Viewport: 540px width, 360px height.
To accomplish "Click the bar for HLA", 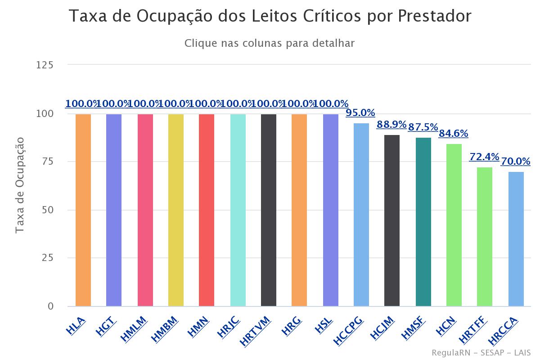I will click(x=83, y=210).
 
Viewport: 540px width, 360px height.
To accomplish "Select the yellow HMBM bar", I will click(x=176, y=210).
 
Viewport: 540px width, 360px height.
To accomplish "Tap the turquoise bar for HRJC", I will click(x=238, y=210).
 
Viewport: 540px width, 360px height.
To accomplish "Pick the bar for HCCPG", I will click(x=361, y=215).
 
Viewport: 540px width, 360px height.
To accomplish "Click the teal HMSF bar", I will click(x=423, y=222).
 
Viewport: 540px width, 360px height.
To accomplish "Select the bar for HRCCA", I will click(x=516, y=239).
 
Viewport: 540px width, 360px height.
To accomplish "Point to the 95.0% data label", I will click(x=360, y=112).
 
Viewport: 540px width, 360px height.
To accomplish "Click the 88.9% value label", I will click(x=391, y=124).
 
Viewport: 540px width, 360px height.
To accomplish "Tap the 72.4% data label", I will click(x=484, y=157).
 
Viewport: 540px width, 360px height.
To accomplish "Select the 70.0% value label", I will click(x=515, y=161).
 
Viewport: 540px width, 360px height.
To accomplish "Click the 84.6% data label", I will click(x=453, y=133).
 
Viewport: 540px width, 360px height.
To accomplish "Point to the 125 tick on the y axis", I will click(x=45, y=65).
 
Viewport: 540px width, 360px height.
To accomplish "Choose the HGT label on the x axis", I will click(x=106, y=326).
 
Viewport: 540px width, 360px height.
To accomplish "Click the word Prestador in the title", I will click(x=434, y=16).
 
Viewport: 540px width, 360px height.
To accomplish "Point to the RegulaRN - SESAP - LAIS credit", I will click(x=481, y=352).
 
